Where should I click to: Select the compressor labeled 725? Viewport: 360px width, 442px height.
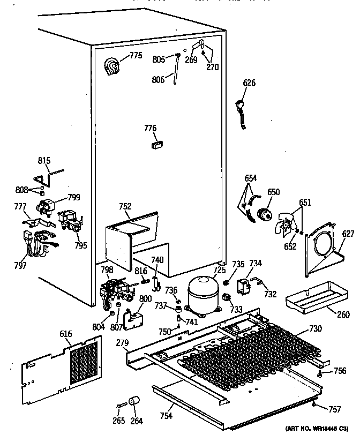[202, 295]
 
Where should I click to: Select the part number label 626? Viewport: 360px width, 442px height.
[250, 83]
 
